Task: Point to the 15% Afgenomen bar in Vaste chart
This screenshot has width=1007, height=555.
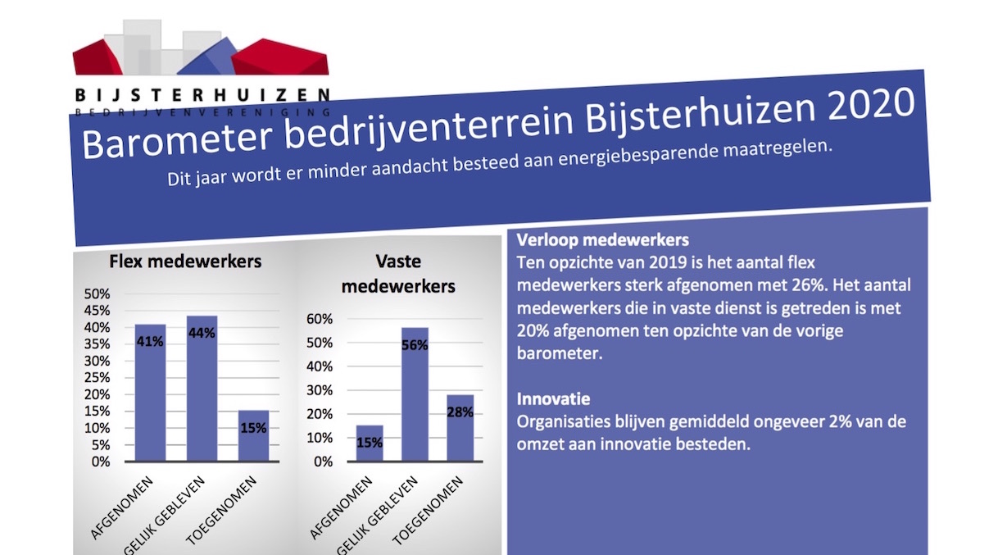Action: coord(369,444)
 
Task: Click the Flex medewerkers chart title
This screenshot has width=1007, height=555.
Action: coord(185,262)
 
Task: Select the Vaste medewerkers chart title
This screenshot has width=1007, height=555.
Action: coord(397,274)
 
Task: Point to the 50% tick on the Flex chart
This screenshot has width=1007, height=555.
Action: coord(98,293)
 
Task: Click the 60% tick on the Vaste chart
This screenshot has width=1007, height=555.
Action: coord(320,318)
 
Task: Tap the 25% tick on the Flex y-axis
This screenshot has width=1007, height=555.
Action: coord(98,378)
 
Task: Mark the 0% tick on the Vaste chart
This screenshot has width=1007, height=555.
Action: coord(323,462)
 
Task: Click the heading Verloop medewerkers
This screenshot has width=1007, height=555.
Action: coord(602,242)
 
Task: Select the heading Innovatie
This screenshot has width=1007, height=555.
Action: coord(553,399)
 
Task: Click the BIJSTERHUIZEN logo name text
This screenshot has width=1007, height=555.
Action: coord(202,94)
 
